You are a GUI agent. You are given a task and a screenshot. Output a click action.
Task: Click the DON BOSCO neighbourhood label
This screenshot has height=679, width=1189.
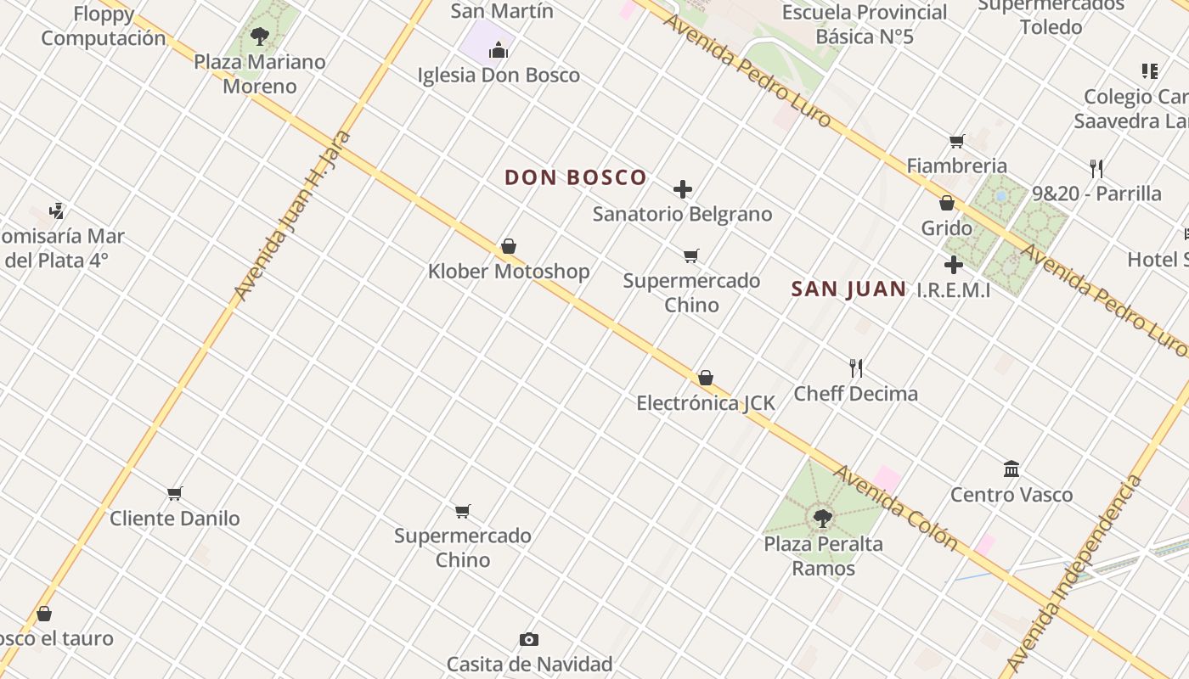pyautogui.click(x=576, y=177)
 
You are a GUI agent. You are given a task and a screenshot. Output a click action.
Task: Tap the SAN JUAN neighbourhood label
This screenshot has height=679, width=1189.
pyautogui.click(x=848, y=289)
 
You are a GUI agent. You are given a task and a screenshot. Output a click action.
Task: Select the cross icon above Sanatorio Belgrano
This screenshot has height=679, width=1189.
pyautogui.click(x=683, y=189)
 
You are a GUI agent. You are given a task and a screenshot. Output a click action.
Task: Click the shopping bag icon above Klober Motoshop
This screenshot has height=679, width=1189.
pyautogui.click(x=509, y=247)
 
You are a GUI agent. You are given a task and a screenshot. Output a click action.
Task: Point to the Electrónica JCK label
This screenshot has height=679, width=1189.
pyautogui.click(x=706, y=403)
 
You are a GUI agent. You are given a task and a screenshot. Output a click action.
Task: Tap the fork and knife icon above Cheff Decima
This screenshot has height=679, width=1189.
pyautogui.click(x=856, y=368)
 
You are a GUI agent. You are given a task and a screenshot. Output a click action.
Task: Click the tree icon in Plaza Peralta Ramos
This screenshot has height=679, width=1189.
pyautogui.click(x=822, y=518)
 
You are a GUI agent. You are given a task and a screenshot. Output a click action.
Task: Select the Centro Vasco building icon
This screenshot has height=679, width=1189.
pyautogui.click(x=1011, y=469)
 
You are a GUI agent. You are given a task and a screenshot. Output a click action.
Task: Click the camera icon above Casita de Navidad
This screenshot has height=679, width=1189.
pyautogui.click(x=529, y=639)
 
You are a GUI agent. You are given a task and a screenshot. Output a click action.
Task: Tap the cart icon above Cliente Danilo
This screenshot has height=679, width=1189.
pyautogui.click(x=175, y=493)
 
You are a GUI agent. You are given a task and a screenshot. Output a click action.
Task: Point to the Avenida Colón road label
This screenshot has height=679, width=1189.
pyautogui.click(x=895, y=507)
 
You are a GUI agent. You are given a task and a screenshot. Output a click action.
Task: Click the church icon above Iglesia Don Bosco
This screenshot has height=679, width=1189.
pyautogui.click(x=499, y=51)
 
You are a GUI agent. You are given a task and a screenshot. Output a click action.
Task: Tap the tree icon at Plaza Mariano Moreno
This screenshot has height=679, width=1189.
pyautogui.click(x=260, y=36)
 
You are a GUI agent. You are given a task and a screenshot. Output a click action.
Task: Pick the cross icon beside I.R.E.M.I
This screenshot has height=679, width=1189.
pyautogui.click(x=954, y=265)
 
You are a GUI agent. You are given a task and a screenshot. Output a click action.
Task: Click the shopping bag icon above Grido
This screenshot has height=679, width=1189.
pyautogui.click(x=947, y=203)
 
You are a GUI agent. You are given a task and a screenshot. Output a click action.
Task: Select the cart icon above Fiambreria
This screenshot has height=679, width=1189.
pyautogui.click(x=957, y=141)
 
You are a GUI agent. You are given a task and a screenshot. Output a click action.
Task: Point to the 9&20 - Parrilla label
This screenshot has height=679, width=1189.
pyautogui.click(x=1096, y=194)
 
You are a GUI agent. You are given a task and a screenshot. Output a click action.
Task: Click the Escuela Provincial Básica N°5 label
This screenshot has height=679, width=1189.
pyautogui.click(x=865, y=25)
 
